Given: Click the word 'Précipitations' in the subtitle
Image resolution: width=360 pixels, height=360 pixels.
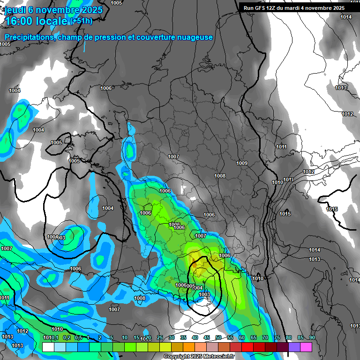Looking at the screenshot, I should (x=29, y=37).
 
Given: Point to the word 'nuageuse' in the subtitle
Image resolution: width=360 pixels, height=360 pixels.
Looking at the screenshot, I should (x=192, y=37).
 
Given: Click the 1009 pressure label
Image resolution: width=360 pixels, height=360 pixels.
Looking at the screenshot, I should (x=242, y=163).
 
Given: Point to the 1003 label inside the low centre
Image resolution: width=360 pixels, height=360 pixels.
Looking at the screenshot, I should (x=204, y=294).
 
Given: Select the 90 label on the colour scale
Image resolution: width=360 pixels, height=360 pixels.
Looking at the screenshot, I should (x=312, y=338).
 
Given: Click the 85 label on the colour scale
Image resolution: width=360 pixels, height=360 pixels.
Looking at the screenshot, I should (x=300, y=338).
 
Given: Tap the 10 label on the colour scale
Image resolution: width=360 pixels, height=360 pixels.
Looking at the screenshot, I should (x=125, y=338).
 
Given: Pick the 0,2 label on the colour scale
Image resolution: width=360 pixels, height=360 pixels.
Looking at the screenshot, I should (x=67, y=338).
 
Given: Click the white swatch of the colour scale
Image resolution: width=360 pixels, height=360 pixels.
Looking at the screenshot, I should (x=48, y=347).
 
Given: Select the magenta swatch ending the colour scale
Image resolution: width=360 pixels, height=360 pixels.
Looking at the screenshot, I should (x=306, y=347).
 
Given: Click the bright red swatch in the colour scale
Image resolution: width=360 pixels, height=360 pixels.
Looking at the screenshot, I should (x=247, y=347).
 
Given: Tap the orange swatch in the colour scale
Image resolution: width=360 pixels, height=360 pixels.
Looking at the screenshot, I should (x=189, y=347).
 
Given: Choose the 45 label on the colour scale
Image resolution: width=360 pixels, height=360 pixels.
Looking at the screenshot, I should (x=207, y=338).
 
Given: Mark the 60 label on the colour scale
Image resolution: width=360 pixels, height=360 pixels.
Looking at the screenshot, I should (x=242, y=338).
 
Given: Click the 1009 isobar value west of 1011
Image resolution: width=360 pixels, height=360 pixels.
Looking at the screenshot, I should (x=242, y=163).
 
